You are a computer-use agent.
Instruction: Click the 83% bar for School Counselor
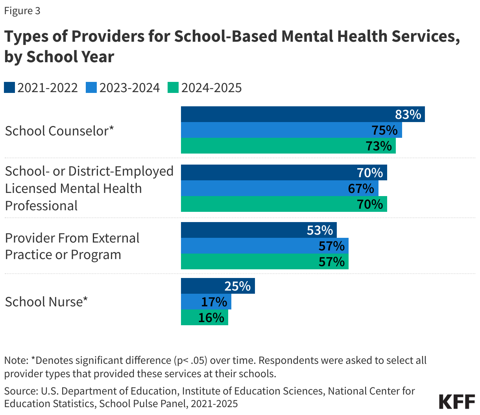click(x=303, y=114)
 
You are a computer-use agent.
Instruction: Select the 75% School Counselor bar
click(x=291, y=130)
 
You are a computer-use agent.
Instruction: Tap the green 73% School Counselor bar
click(x=288, y=146)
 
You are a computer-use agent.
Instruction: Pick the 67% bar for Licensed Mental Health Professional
click(x=279, y=188)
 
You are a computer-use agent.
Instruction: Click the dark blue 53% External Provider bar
click(x=258, y=230)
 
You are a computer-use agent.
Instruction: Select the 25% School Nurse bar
click(x=218, y=286)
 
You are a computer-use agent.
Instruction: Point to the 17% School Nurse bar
click(x=206, y=302)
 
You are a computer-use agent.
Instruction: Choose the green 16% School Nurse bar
click(x=204, y=317)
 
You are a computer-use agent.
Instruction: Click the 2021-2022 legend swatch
click(x=9, y=87)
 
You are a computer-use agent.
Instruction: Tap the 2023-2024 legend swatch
click(x=91, y=87)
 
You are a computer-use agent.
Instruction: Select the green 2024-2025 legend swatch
click(x=173, y=87)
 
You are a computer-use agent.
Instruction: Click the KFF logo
click(x=457, y=401)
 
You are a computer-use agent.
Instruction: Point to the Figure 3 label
click(x=22, y=11)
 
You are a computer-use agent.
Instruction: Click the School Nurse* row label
click(x=46, y=302)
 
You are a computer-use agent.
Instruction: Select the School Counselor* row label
click(x=59, y=131)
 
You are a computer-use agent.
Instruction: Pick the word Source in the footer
click(x=20, y=391)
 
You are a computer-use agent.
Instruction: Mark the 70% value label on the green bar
click(x=370, y=204)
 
